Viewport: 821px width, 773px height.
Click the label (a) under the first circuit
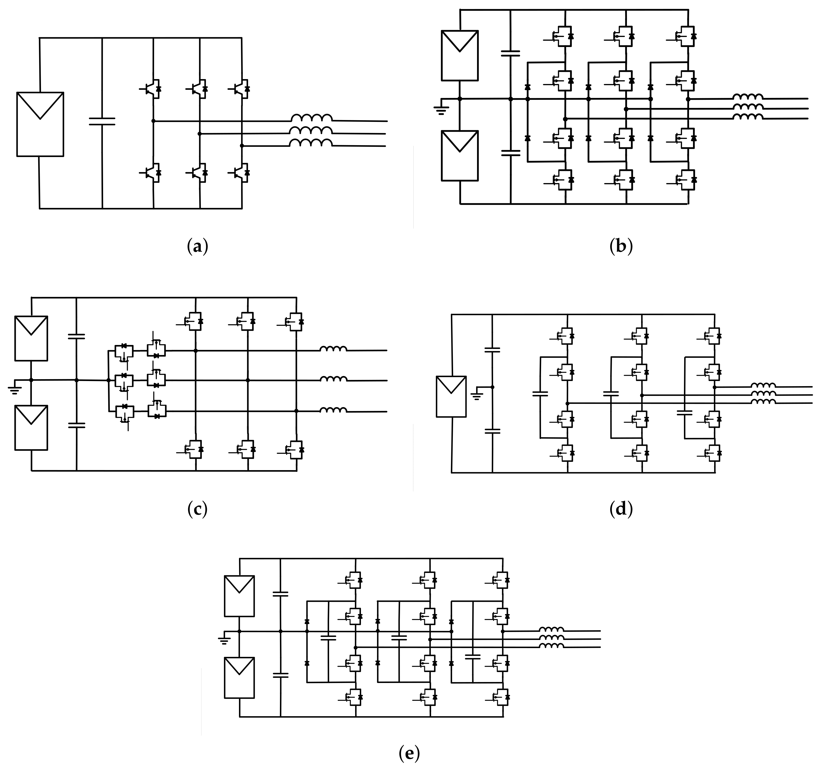point(197,247)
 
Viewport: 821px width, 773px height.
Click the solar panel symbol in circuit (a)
point(40,124)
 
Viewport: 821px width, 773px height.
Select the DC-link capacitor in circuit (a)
point(102,121)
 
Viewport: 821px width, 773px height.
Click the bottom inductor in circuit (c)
point(333,410)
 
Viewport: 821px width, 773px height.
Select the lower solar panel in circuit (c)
point(31,427)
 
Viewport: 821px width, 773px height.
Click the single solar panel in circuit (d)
point(451,396)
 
